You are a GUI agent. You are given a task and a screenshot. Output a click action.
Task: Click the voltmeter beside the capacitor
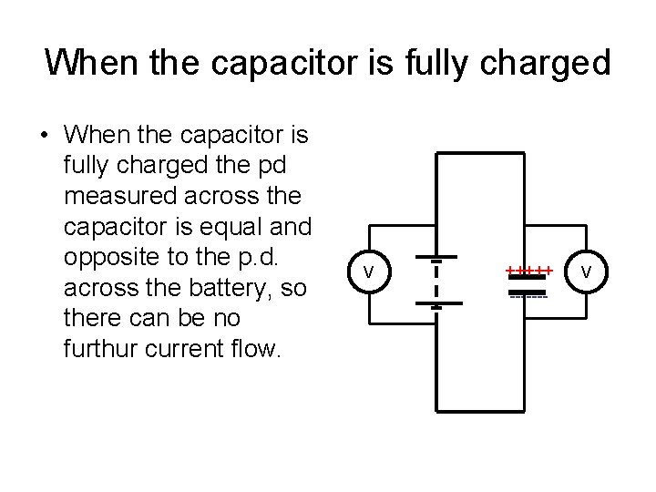point(586,272)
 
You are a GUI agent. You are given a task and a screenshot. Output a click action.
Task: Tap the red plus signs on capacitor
point(529,269)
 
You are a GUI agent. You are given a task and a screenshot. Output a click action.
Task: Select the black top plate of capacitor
point(528,276)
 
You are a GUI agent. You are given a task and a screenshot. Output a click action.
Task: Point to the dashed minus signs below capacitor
point(528,297)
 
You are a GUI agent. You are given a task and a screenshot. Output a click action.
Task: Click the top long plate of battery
point(437,259)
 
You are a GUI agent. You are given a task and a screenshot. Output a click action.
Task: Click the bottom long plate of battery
point(437,303)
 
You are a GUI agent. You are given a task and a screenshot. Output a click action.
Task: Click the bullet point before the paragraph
point(44,138)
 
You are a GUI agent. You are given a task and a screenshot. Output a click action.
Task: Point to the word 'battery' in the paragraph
point(248,288)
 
